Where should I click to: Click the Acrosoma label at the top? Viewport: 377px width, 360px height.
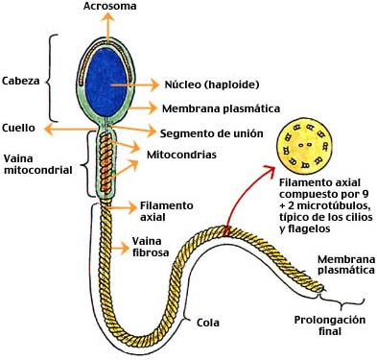point(110,7)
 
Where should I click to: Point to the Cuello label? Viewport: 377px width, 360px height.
point(19,127)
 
